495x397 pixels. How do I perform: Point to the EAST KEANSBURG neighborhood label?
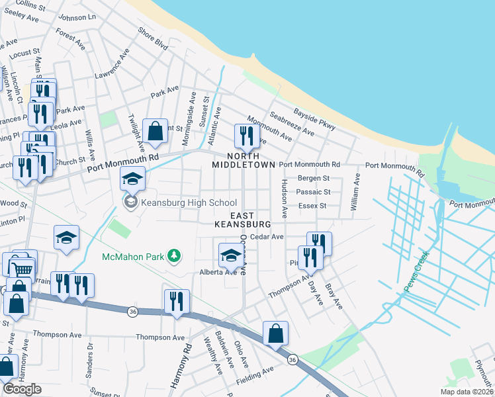[242, 220]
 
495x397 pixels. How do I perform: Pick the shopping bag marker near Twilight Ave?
[155, 132]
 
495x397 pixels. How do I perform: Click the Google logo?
[22, 389]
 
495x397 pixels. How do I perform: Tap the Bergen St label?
[314, 179]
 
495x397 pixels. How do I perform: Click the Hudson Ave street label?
[285, 198]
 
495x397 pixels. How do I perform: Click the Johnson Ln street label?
[77, 17]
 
